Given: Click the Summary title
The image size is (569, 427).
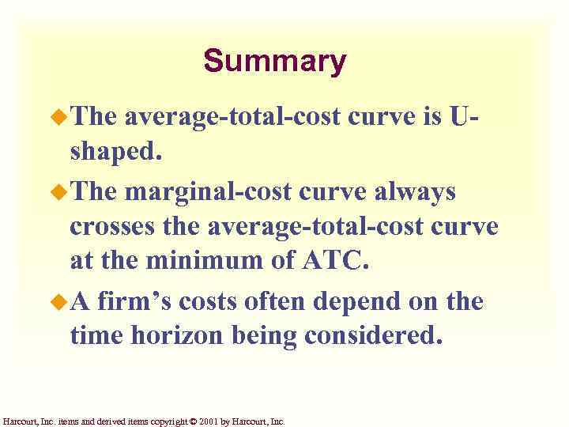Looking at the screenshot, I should (x=274, y=61).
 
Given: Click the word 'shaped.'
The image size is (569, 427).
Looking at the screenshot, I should (x=115, y=153).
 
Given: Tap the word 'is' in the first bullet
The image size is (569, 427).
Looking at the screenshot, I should (x=428, y=118).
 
